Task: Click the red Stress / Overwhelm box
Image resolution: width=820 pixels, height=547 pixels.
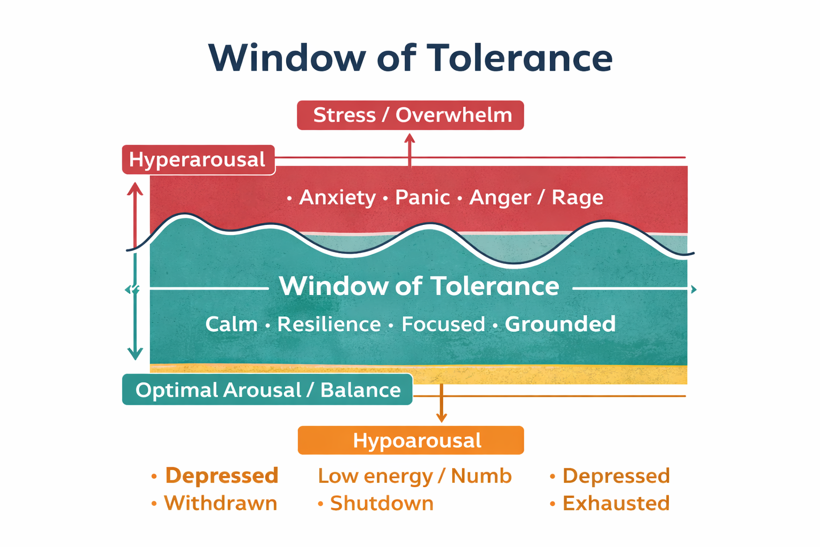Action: pos(410,115)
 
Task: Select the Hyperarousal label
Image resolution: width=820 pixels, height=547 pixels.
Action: pos(198,160)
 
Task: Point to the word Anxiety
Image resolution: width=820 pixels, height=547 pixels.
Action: pos(337,198)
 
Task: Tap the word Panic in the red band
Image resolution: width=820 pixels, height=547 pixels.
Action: pos(422,198)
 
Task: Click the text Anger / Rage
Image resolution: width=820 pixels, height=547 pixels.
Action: pos(536,198)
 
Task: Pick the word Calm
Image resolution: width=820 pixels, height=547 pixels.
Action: pos(231,324)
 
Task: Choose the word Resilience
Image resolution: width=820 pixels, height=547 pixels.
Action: pos(329,324)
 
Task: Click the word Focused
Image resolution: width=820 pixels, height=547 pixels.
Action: pos(443,324)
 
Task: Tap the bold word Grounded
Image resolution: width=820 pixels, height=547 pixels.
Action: pos(560,324)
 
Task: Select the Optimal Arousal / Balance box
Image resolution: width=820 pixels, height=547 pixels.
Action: pos(267,390)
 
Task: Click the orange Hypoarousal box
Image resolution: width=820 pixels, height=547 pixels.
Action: pos(411,441)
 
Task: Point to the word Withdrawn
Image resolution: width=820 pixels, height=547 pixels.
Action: pos(220,503)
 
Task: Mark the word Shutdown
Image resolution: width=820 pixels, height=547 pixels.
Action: pos(382,503)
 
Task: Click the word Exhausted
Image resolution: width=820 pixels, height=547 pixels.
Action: pos(616,503)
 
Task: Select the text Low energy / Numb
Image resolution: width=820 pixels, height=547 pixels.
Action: pos(415,476)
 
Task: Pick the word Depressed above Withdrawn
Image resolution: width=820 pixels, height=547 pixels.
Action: pos(222,475)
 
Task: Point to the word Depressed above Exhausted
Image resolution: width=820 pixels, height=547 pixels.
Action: pos(616,476)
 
